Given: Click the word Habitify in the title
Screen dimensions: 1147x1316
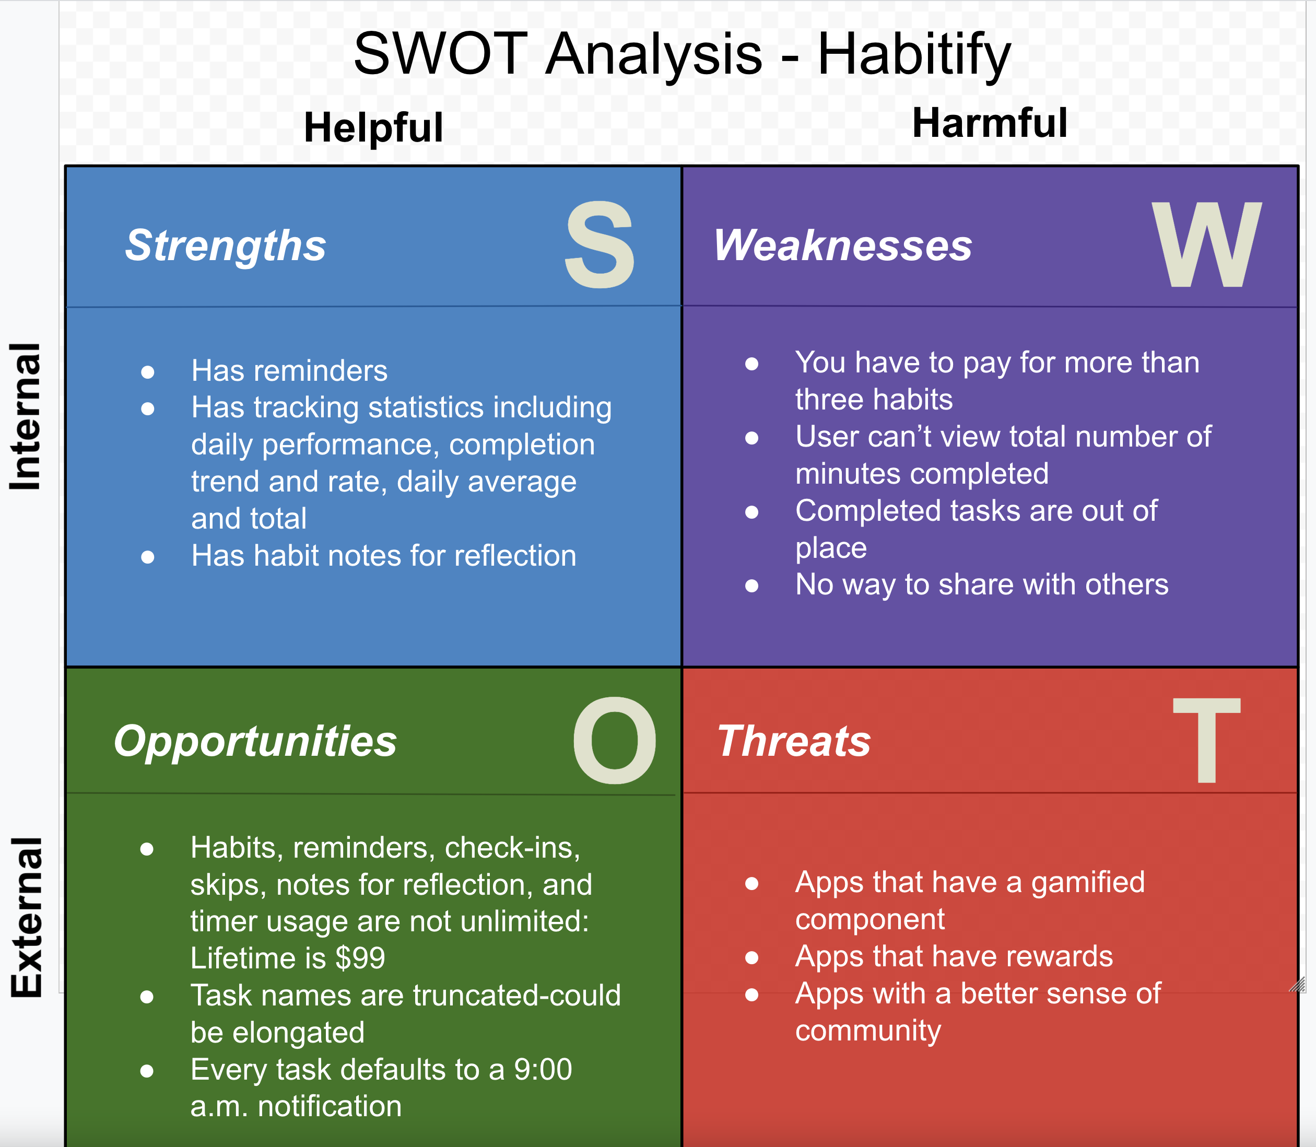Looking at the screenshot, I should [913, 54].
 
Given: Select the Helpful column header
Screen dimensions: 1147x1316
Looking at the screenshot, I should [373, 127].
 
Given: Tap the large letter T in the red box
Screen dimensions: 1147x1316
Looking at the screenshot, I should [1206, 741].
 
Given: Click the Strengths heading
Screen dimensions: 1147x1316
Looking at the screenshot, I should [225, 246].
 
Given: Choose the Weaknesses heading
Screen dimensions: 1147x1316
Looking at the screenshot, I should [842, 246].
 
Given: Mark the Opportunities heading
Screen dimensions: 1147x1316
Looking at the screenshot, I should [255, 741].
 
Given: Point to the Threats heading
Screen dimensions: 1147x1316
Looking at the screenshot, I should [794, 741].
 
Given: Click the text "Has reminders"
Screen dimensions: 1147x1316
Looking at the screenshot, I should [289, 371].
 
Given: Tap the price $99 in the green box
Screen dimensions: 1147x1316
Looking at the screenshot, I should [360, 958].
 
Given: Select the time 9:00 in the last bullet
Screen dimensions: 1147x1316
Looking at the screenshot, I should [543, 1070].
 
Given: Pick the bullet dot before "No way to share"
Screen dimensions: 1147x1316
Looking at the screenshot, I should [751, 585].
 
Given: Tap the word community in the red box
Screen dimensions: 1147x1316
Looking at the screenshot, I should [867, 1031].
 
